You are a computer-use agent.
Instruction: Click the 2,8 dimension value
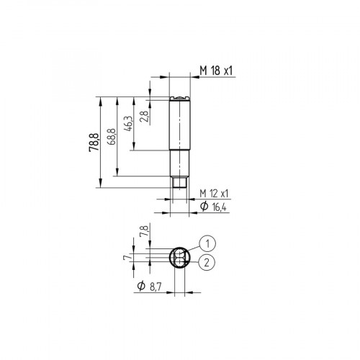point(144,116)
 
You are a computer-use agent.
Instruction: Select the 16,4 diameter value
point(220,207)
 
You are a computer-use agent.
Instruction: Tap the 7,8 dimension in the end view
point(143,232)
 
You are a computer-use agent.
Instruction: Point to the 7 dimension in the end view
point(125,256)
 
